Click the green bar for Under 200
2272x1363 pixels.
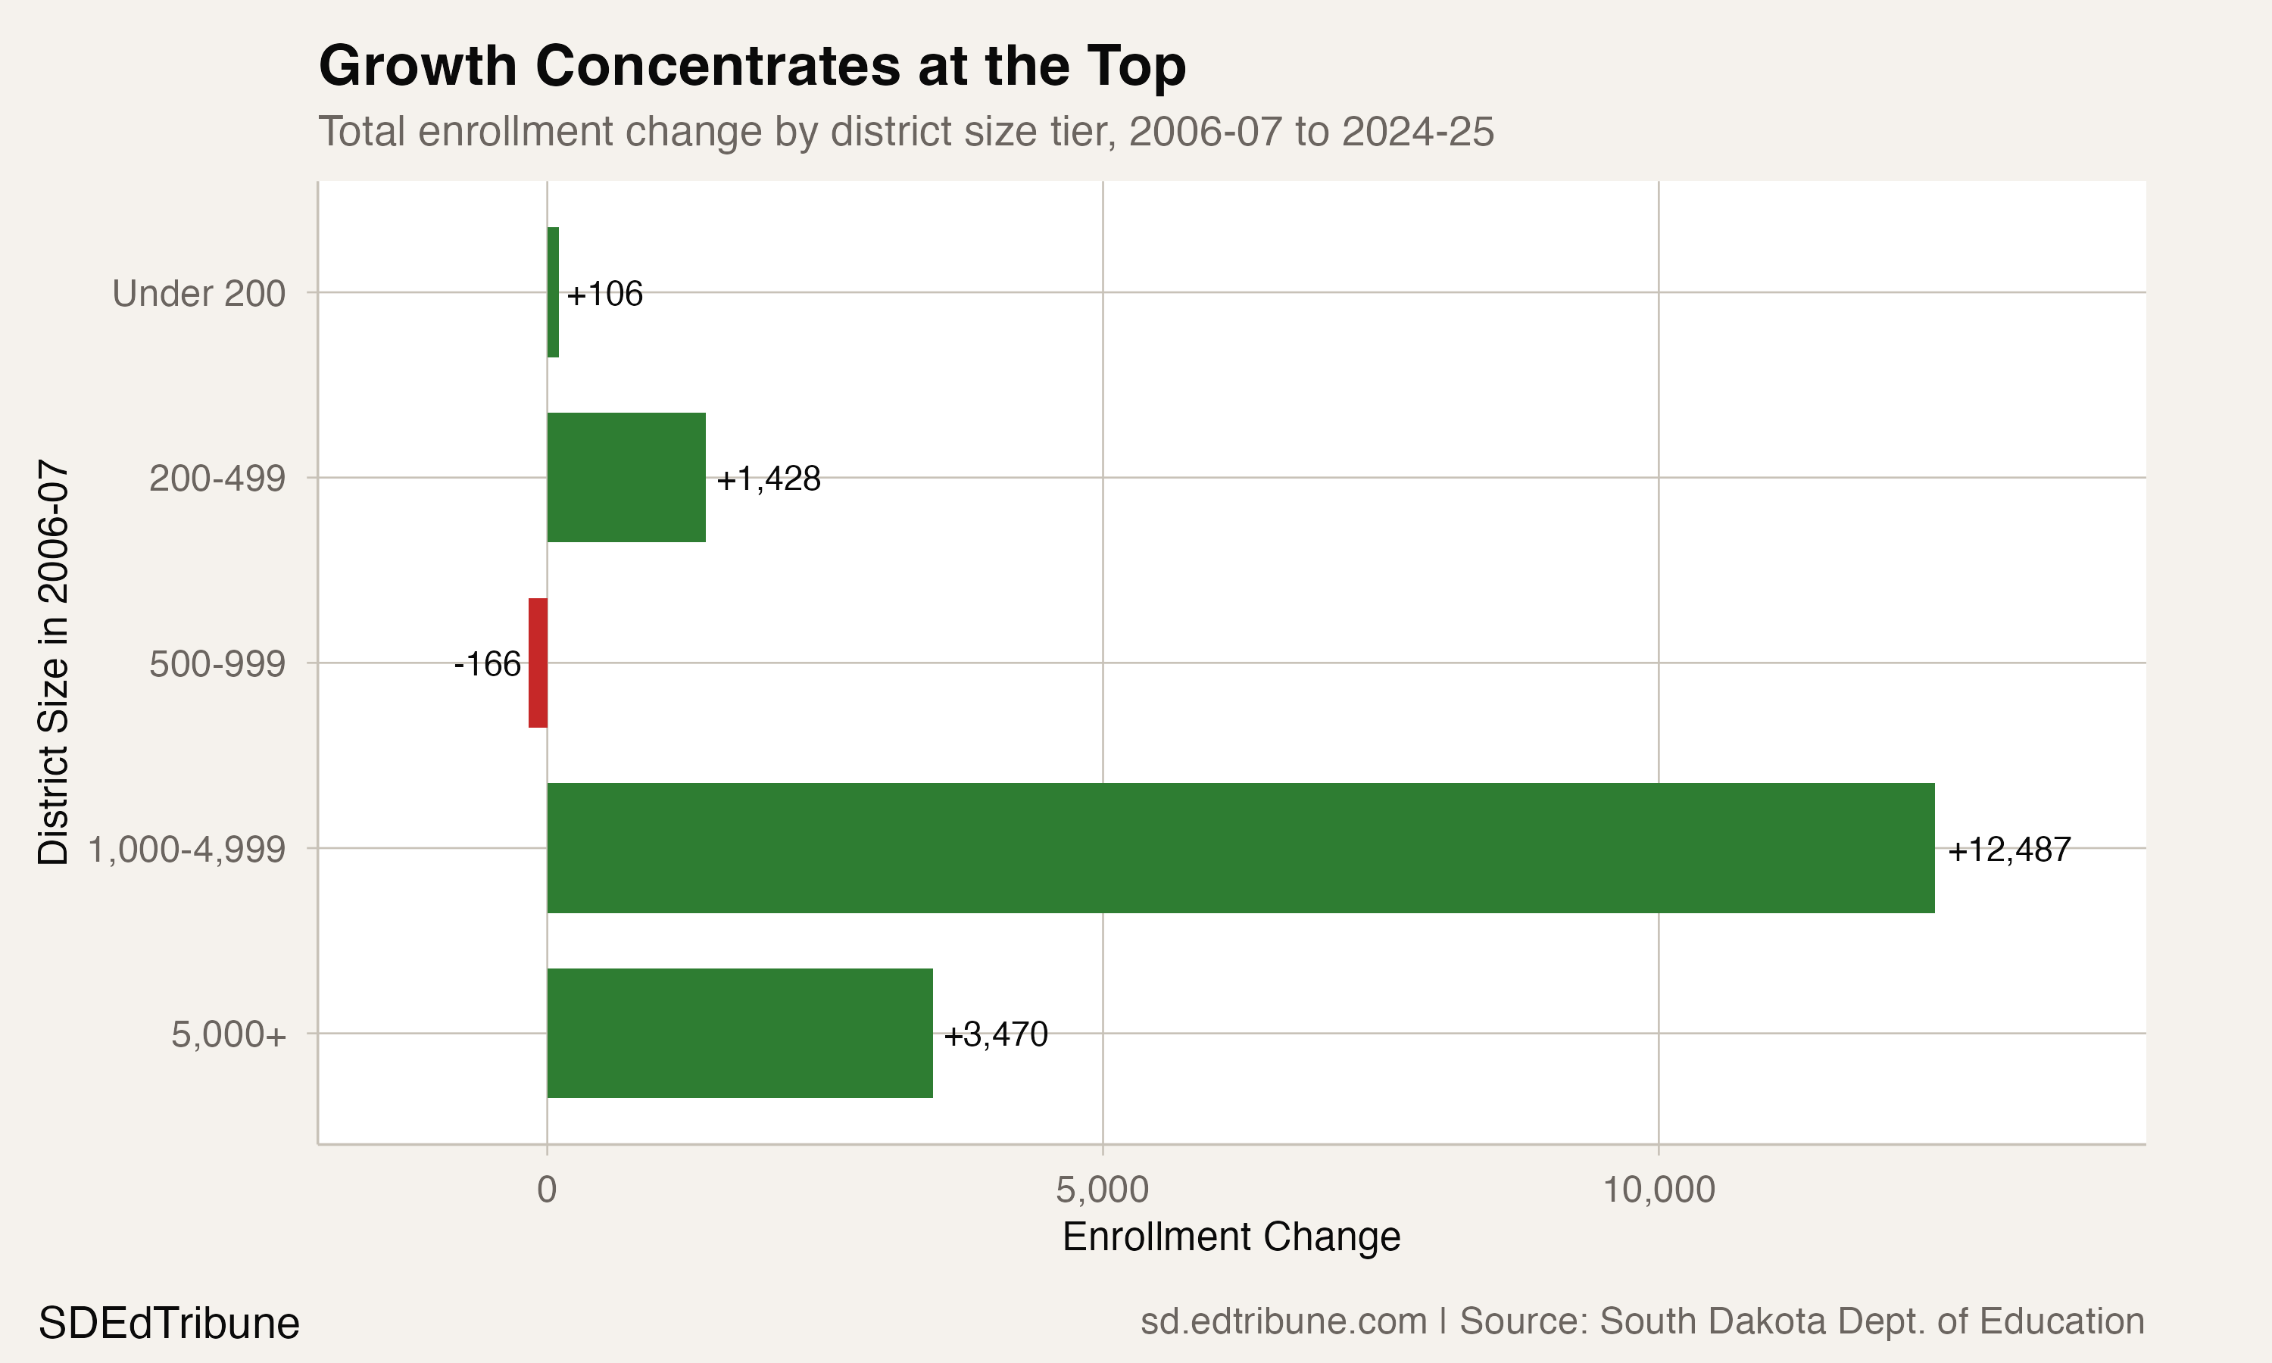click(x=553, y=292)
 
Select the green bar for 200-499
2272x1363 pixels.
click(x=626, y=478)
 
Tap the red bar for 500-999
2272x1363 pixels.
click(x=538, y=663)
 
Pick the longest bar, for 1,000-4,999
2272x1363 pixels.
click(x=1240, y=848)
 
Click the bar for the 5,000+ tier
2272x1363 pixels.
click(x=739, y=1034)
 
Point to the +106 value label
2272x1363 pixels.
click(x=604, y=294)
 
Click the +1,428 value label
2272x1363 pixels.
click(x=768, y=479)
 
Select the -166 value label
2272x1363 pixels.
click(x=488, y=664)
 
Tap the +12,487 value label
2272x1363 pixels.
click(x=2008, y=850)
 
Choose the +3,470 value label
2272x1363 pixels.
click(x=995, y=1035)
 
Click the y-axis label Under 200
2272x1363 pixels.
click(x=198, y=294)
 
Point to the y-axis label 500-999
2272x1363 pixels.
click(x=217, y=664)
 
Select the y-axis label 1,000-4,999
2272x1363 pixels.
click(x=186, y=850)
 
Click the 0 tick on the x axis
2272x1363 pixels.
click(x=547, y=1190)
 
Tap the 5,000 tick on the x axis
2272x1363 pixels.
click(x=1102, y=1190)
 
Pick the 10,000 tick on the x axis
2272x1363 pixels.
click(x=1659, y=1190)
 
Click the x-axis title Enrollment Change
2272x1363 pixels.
click(x=1231, y=1237)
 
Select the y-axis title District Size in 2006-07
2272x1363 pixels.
click(x=53, y=663)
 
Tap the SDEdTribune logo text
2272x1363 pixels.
click(x=169, y=1324)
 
